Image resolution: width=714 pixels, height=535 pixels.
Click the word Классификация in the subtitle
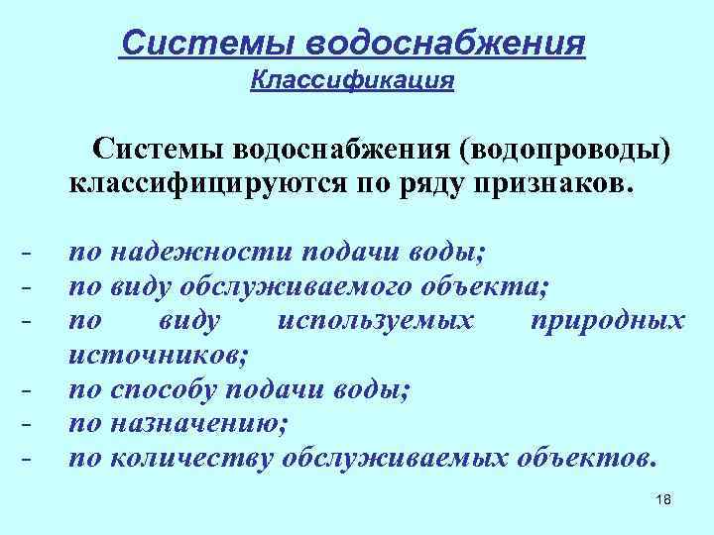click(353, 80)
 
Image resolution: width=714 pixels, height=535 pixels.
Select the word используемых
click(377, 321)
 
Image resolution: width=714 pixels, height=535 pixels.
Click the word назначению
click(199, 423)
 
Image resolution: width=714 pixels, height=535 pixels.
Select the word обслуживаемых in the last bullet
click(396, 458)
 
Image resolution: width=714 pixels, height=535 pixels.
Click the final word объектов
click(586, 458)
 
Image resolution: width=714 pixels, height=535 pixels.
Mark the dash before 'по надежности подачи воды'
click(26, 256)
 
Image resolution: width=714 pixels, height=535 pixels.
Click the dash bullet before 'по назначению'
click(26, 426)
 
